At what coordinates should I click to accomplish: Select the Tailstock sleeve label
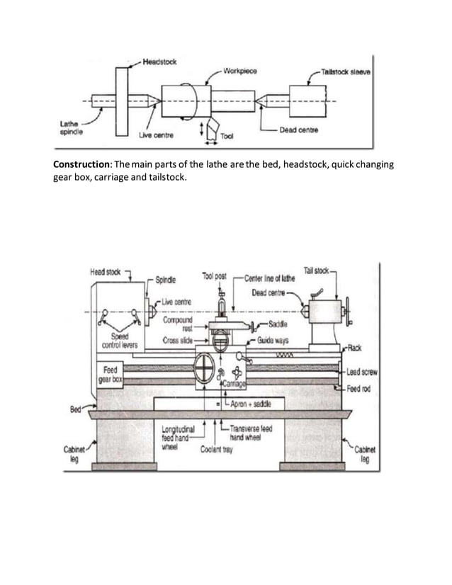click(348, 72)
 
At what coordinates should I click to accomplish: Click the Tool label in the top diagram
click(228, 136)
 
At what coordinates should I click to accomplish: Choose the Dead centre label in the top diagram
click(298, 130)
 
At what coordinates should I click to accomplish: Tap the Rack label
click(355, 348)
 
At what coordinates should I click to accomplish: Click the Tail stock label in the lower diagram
click(316, 270)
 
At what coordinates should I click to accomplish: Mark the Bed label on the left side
click(75, 409)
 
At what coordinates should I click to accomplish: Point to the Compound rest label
click(179, 323)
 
